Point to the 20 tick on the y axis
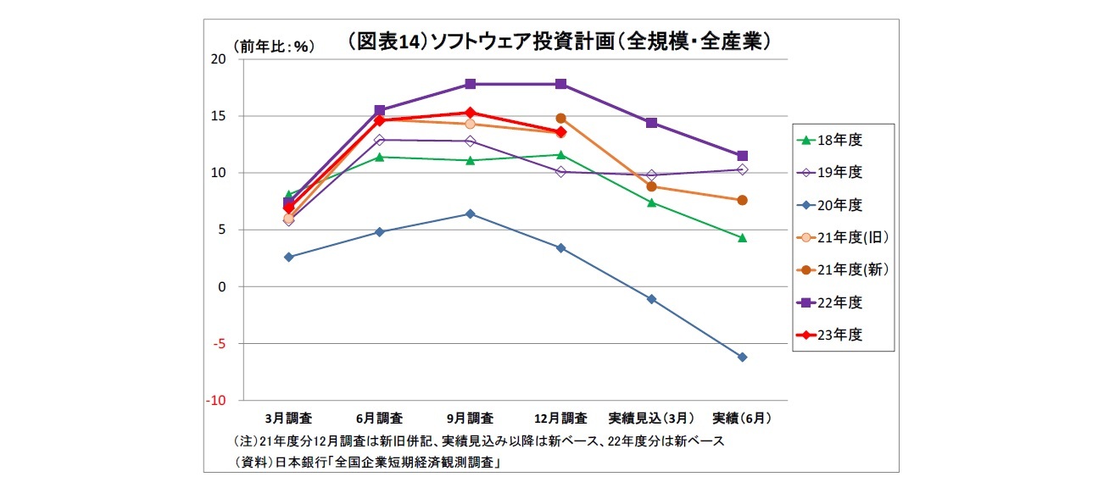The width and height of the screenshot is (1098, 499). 218,59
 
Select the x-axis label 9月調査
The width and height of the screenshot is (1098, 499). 470,419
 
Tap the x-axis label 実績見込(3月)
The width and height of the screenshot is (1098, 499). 651,419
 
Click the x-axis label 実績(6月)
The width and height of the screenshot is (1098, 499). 742,419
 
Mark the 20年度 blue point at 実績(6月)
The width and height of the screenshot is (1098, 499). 742,358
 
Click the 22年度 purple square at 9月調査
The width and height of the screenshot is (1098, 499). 470,84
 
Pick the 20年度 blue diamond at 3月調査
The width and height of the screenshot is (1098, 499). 288,257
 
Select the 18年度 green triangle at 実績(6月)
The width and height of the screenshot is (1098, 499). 742,238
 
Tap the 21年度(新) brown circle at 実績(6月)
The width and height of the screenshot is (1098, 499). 742,200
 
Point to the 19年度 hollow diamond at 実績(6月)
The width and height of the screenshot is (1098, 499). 742,169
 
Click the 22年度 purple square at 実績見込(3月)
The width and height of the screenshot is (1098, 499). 651,123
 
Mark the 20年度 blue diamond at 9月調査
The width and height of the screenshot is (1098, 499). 470,213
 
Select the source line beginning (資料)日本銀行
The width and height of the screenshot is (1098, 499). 365,463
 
